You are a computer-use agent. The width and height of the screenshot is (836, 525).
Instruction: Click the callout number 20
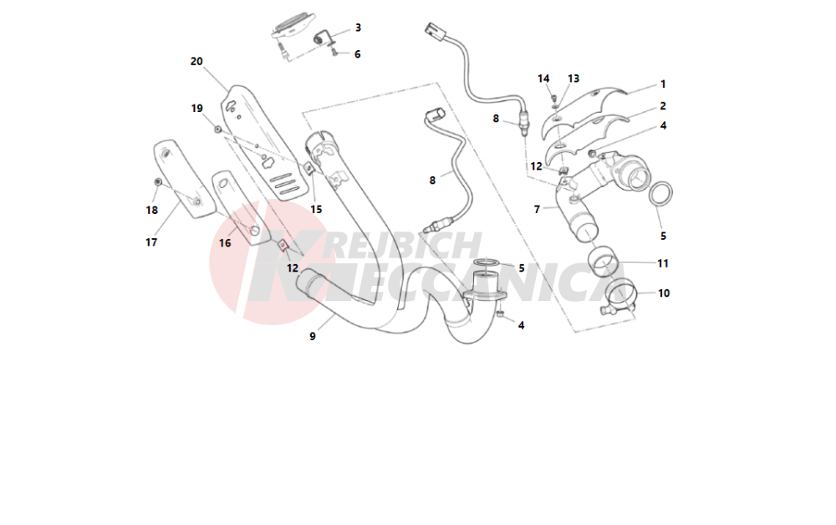[x=196, y=61]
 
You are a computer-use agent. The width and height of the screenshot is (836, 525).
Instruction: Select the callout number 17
[x=151, y=242]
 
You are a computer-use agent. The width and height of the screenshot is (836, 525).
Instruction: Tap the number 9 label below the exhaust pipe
[x=313, y=336]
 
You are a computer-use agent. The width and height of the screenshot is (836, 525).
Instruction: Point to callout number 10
[x=664, y=293]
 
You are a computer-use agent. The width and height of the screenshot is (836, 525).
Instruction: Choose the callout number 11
[x=663, y=263]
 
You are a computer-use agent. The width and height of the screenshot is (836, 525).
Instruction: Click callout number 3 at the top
[x=359, y=28]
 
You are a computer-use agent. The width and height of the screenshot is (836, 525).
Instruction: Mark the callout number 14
[x=543, y=79]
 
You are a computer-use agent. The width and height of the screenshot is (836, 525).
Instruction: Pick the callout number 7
[x=537, y=210]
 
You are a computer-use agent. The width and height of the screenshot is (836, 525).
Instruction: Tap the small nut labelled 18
[x=157, y=182]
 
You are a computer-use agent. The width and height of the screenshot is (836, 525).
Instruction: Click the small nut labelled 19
[x=217, y=130]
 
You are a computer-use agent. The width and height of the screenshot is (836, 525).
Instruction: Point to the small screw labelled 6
[x=335, y=52]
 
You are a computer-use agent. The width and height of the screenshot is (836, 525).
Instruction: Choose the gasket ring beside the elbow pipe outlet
[x=660, y=193]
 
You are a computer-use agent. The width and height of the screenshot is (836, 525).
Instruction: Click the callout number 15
[x=316, y=210]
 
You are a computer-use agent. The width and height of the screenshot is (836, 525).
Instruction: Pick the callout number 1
[x=663, y=84]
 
